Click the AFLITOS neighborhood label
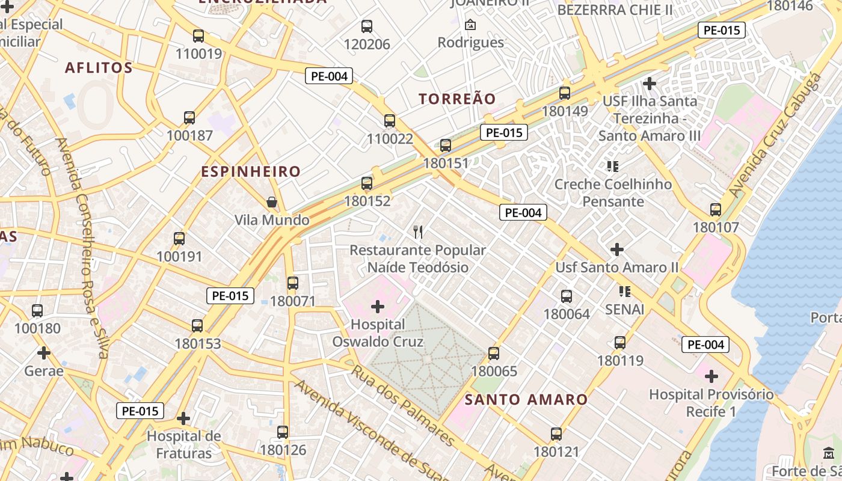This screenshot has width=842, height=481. (x=99, y=67)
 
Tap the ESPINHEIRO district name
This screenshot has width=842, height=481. (x=251, y=171)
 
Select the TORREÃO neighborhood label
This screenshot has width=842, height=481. (x=457, y=99)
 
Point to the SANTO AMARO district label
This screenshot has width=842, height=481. (x=526, y=399)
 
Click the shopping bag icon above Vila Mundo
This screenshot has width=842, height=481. (x=272, y=201)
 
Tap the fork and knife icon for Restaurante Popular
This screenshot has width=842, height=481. (x=419, y=231)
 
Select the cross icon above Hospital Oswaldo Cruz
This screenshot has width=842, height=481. (x=378, y=307)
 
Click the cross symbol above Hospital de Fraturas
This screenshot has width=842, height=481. (x=183, y=418)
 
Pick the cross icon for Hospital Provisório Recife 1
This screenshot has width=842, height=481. (x=711, y=377)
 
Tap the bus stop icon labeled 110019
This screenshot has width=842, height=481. (x=198, y=35)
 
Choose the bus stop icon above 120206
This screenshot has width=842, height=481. (x=367, y=26)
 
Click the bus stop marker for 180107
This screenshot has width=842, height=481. (x=716, y=210)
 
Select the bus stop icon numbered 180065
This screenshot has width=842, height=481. (x=494, y=354)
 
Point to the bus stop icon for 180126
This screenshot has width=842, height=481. (x=283, y=432)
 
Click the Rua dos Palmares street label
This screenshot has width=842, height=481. (x=402, y=405)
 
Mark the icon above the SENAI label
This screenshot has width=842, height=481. (x=625, y=292)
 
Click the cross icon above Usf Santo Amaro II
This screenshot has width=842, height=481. (x=617, y=249)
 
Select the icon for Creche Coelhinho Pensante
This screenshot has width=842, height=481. (x=613, y=166)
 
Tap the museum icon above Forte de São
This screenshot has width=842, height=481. (x=829, y=453)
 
